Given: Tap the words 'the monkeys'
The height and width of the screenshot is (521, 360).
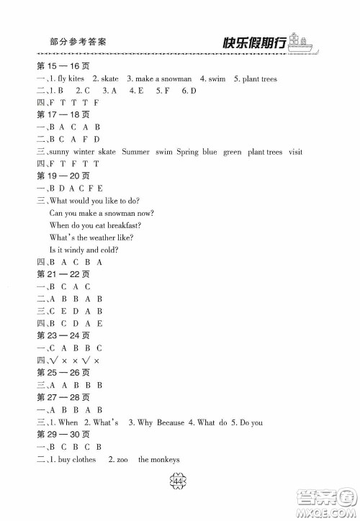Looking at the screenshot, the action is tap(158, 459).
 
